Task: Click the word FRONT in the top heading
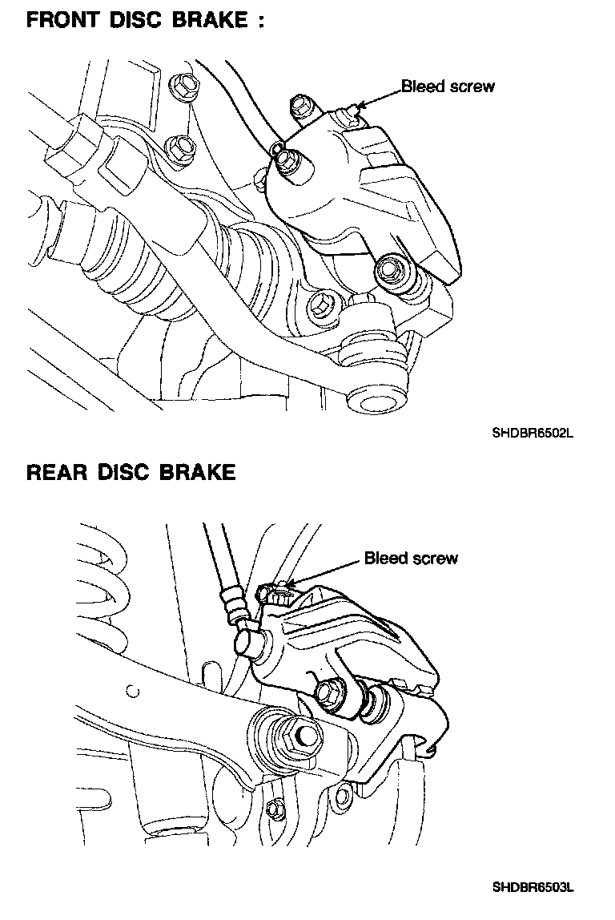(63, 20)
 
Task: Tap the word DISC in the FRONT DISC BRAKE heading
(140, 20)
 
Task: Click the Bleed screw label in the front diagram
(448, 86)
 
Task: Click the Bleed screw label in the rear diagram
(411, 558)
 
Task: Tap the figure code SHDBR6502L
(533, 434)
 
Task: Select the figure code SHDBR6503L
(533, 887)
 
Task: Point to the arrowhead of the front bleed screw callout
(360, 104)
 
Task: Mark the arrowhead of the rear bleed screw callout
(290, 584)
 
